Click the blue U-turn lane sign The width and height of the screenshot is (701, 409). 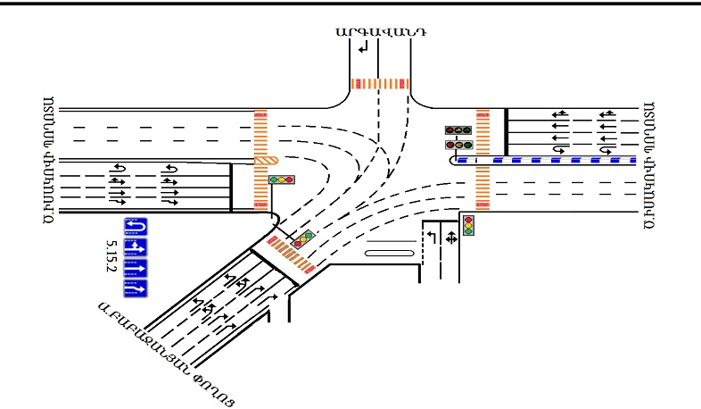(x=135, y=226)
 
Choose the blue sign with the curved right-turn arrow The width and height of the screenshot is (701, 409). (x=135, y=288)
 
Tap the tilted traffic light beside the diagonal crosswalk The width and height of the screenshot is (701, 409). (x=305, y=239)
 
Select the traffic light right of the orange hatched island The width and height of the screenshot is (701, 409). (x=282, y=179)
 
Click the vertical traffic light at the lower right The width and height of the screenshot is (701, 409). (x=467, y=225)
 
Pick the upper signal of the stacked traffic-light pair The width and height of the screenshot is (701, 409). (x=458, y=130)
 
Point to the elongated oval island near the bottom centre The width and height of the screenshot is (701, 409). (x=389, y=254)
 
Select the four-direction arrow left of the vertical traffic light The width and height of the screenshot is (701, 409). (x=451, y=238)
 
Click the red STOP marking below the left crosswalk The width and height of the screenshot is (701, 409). (x=260, y=205)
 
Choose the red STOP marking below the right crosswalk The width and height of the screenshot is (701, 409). (x=483, y=204)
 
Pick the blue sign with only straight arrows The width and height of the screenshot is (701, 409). (x=135, y=267)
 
